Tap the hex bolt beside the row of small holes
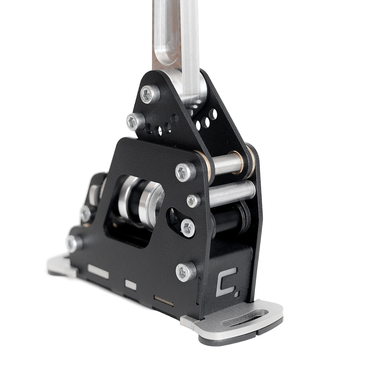point(136,122)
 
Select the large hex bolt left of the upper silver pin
point(186,172)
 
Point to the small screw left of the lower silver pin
point(193,200)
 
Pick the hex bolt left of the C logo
point(186,272)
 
